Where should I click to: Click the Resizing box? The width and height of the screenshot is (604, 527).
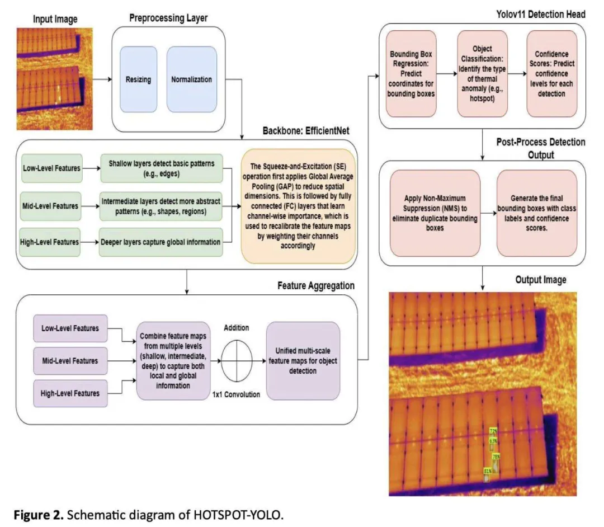click(138, 79)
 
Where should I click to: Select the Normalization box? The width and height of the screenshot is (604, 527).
click(191, 79)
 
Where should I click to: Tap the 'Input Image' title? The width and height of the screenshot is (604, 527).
click(55, 19)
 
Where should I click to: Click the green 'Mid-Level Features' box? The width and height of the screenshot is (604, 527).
click(51, 199)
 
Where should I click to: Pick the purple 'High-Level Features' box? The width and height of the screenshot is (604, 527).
click(70, 393)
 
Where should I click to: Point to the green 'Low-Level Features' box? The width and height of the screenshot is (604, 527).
click(51, 167)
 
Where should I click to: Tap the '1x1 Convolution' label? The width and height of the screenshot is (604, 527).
click(236, 394)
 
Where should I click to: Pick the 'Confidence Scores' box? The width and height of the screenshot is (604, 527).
click(551, 74)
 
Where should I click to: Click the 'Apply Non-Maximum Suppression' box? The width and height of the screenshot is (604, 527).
click(436, 213)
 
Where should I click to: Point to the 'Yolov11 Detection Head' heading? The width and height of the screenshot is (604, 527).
click(539, 14)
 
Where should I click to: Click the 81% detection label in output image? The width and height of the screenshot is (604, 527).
click(488, 472)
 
